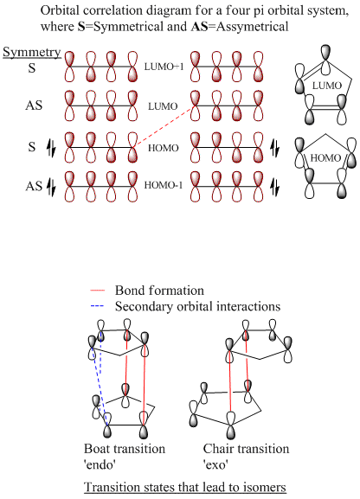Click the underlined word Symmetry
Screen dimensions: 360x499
pos(31,53)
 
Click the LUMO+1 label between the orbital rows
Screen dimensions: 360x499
pos(164,67)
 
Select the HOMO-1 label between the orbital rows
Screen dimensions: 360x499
pos(164,185)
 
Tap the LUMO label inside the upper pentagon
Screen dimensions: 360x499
pos(327,86)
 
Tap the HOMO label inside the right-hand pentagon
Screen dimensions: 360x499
pos(325,158)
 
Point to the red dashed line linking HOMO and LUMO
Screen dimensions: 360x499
pos(164,126)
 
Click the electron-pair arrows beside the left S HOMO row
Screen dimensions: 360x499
pos(51,148)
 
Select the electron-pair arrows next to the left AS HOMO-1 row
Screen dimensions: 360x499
pos(51,187)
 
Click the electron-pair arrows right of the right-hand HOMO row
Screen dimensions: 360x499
pos(274,148)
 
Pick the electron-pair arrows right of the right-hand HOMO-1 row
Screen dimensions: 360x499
pos(274,187)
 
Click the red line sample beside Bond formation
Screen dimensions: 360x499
pos(98,291)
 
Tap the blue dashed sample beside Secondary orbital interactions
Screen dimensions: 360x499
pos(98,306)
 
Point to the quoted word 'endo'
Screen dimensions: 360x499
pos(99,465)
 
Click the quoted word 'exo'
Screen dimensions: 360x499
pos(215,465)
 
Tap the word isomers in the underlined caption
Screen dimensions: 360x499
pos(265,487)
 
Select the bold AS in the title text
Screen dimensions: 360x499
pos(199,27)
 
